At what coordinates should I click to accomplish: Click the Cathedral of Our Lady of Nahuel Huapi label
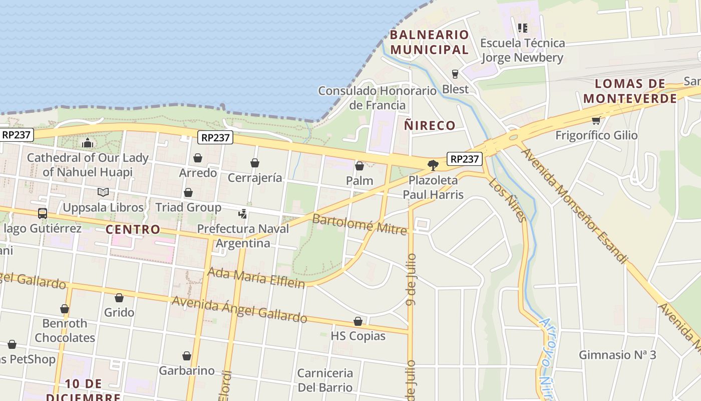88,165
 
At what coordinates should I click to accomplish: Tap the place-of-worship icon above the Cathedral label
88,143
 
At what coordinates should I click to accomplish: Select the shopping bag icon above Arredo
198,158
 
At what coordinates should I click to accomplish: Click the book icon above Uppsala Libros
103,192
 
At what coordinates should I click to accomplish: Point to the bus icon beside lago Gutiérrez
43,214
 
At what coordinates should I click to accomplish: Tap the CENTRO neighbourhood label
133,230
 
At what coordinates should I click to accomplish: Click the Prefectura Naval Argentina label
243,236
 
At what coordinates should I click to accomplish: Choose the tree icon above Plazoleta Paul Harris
433,165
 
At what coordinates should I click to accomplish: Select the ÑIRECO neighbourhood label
430,125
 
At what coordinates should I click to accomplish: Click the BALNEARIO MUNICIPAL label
429,42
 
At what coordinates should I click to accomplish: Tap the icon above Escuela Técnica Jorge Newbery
523,28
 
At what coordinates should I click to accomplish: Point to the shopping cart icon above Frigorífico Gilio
596,120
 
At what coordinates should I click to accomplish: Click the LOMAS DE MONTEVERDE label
630,91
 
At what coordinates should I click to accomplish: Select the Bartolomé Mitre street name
359,224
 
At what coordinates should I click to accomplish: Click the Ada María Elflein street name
256,278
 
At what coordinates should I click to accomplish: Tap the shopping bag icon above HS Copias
358,321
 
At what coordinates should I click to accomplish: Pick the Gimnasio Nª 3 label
617,355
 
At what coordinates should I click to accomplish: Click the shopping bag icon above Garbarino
187,356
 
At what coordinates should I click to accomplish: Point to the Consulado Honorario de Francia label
378,98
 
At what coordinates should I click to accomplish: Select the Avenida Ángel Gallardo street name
239,309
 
